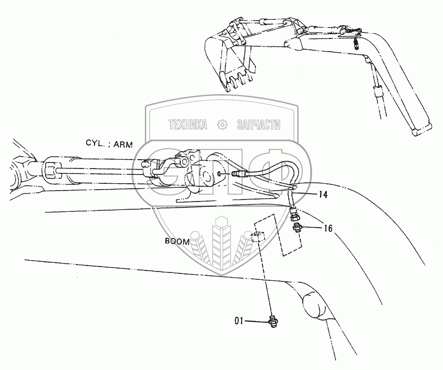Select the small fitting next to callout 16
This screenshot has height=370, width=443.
tap(297, 228)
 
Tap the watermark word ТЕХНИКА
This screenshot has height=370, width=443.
tap(188, 125)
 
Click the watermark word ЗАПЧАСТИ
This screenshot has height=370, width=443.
tap(259, 125)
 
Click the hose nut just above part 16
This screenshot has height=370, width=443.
tap(294, 215)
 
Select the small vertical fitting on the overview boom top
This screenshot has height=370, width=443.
tap(356, 44)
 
